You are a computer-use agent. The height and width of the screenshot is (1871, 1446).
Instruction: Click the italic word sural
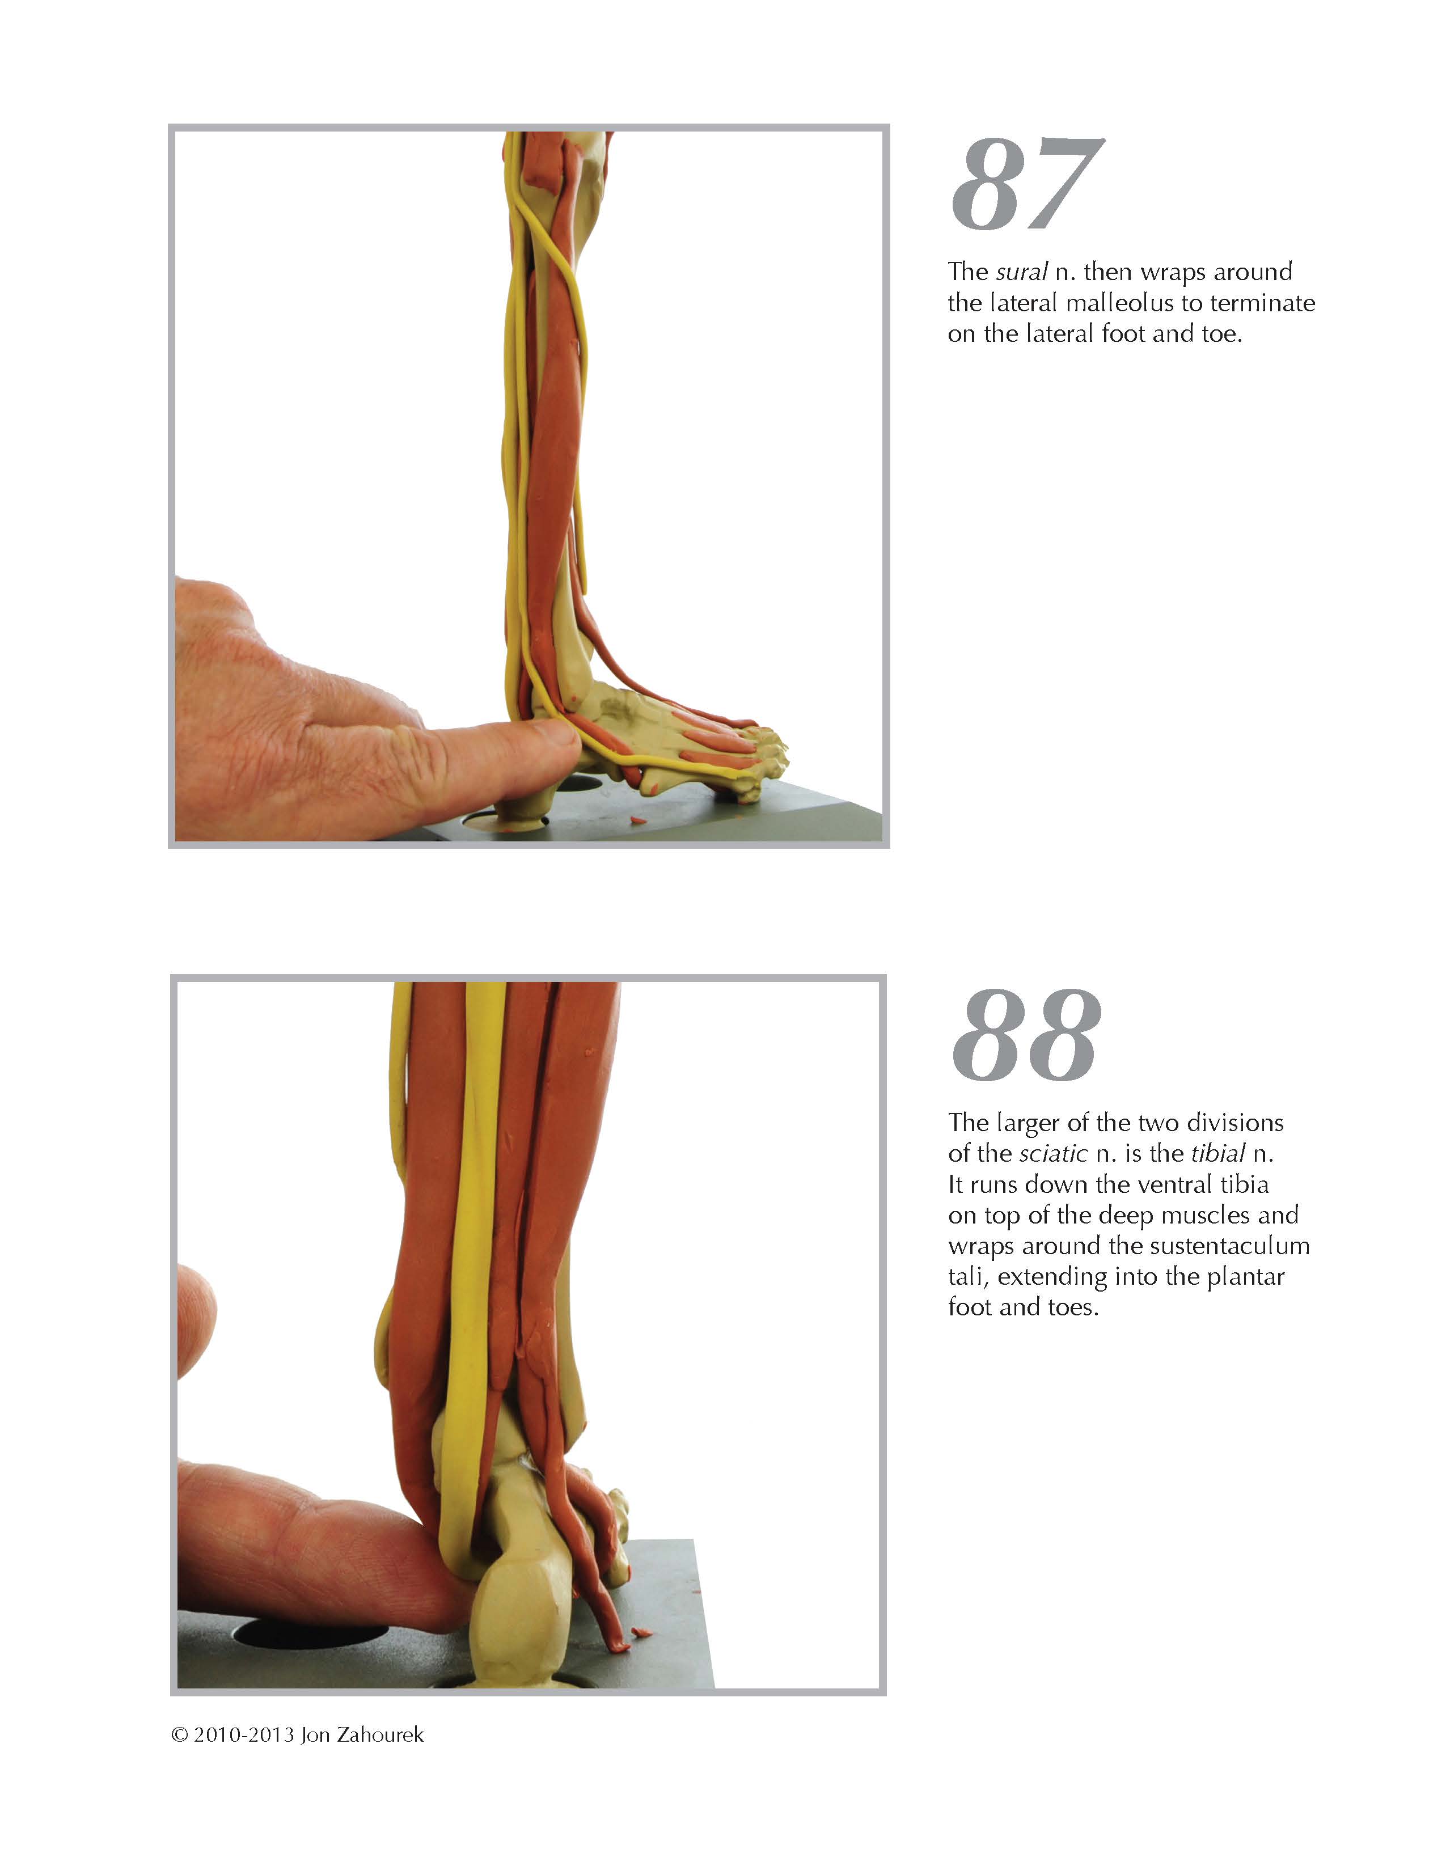tap(1021, 272)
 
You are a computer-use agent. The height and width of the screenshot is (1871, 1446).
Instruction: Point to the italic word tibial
tap(1217, 1154)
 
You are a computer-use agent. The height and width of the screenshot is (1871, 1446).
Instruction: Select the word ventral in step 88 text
tap(1174, 1185)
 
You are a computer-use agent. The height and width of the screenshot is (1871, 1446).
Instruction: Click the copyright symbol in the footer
tap(179, 1735)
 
